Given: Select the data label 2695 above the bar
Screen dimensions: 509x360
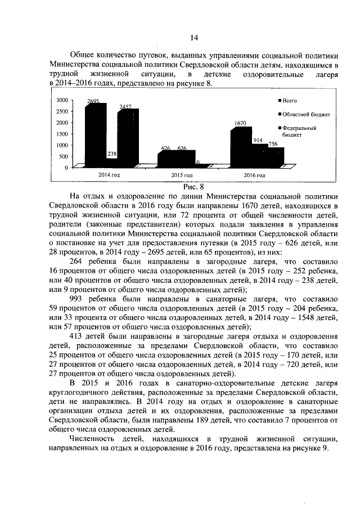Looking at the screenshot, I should pyautogui.click(x=93, y=101).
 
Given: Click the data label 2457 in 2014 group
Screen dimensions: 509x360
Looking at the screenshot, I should pyautogui.click(x=125, y=107).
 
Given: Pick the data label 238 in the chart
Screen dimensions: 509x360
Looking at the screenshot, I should pyautogui.click(x=112, y=154).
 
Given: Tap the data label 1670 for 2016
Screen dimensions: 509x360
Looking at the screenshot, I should pyautogui.click(x=241, y=123).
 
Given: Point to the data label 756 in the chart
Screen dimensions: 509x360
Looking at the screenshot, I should pyautogui.click(x=272, y=144).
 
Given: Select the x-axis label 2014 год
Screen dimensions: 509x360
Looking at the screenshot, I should pyautogui.click(x=109, y=175).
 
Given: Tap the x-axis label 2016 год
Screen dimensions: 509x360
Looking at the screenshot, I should pyautogui.click(x=254, y=175).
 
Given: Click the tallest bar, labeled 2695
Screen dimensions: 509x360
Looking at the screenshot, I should pyautogui.click(x=94, y=135).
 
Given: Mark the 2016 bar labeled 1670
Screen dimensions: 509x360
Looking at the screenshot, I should pyautogui.click(x=240, y=147).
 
